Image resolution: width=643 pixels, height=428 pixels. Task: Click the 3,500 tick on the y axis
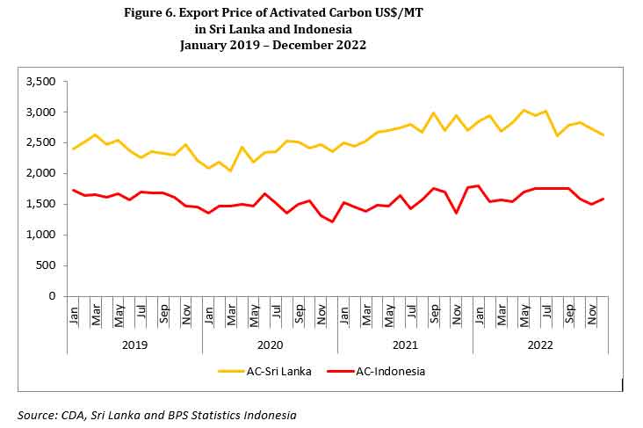pos(42,82)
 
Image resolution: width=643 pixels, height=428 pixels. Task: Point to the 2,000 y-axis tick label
pos(42,174)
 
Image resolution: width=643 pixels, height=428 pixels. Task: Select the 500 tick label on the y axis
pos(47,265)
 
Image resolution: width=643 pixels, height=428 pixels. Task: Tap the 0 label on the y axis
pos(54,296)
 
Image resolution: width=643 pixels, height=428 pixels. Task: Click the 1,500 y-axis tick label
pos(42,205)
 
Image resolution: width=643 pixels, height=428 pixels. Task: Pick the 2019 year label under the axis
pos(134,345)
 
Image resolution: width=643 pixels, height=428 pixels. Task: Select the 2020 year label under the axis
pos(270,345)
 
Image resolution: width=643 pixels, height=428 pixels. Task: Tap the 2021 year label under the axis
pos(405,345)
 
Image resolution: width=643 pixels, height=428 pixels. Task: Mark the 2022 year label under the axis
pos(539,345)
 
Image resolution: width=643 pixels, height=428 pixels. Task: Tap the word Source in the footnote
pos(37,414)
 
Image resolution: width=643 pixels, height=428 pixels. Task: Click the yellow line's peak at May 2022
pos(524,111)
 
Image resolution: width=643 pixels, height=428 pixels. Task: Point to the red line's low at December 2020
pos(333,221)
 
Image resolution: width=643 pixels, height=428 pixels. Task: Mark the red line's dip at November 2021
pos(457,213)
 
